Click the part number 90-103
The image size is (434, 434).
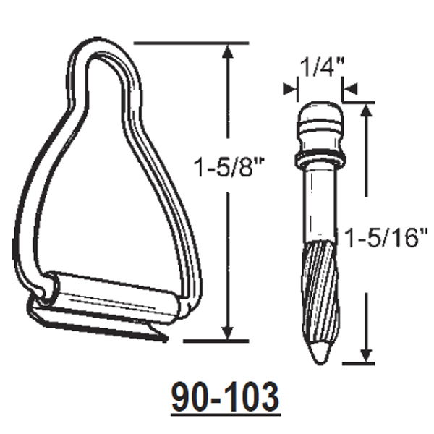(x=224, y=396)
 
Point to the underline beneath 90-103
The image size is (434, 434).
(x=224, y=414)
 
